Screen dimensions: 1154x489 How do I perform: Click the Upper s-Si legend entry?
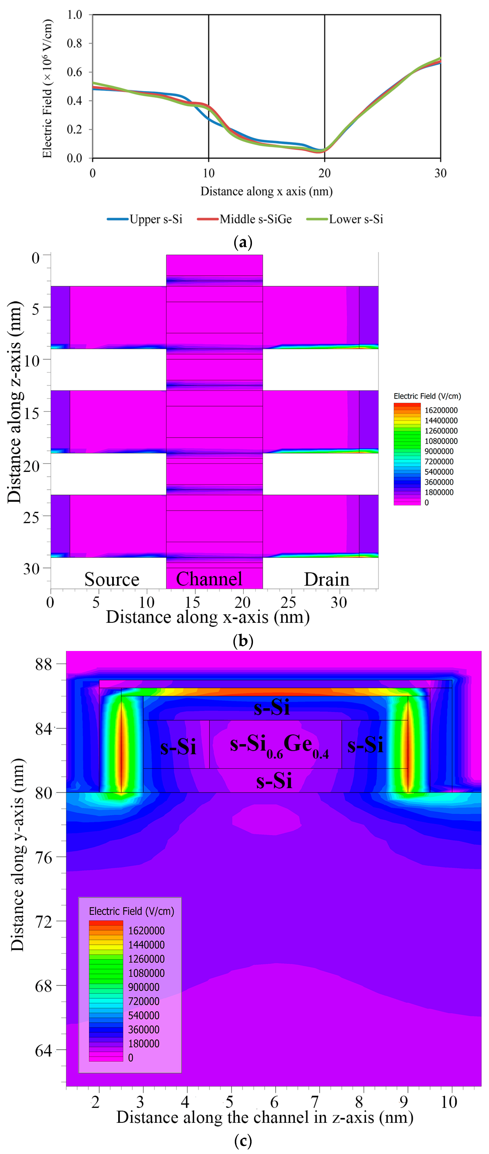(x=145, y=219)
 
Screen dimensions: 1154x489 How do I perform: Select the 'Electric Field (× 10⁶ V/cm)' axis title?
(x=47, y=89)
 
